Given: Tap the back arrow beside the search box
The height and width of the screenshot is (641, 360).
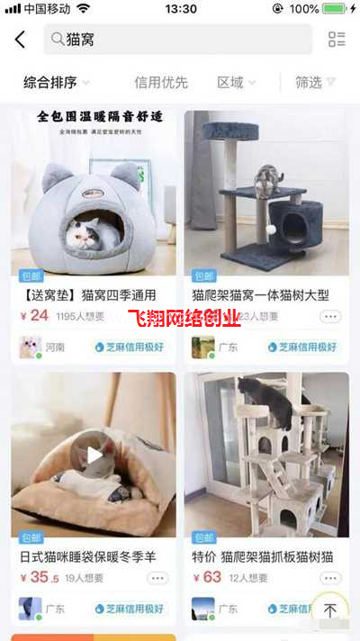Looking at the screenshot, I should pos(21,40).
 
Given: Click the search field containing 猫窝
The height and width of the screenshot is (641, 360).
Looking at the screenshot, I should pos(180,40).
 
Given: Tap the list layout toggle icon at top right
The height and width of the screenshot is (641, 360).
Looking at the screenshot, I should pos(337,40).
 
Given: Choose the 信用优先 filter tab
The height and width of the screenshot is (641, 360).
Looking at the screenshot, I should pos(161,83).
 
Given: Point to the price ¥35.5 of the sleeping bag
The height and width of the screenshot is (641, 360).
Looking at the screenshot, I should pos(38,577).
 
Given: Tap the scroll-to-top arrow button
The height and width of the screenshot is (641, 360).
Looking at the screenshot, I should pos(330,610).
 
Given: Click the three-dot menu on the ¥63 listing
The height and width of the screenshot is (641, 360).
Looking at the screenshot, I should pos(330,578).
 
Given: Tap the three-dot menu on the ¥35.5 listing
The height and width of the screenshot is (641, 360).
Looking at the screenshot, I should pos(157,578).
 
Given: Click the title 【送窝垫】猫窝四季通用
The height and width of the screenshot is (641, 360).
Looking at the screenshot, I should pos(88,294).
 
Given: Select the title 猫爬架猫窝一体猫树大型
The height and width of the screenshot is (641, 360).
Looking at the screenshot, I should pos(261,294).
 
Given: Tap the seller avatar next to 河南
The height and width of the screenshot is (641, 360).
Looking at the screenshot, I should pos(31,347).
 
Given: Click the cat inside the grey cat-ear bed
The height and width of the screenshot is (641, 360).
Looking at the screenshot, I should pos(93,234).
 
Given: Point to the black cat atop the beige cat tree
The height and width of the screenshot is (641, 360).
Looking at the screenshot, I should pos(270,401).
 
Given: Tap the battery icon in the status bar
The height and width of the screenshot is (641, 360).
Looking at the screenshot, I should pos(335,9).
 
